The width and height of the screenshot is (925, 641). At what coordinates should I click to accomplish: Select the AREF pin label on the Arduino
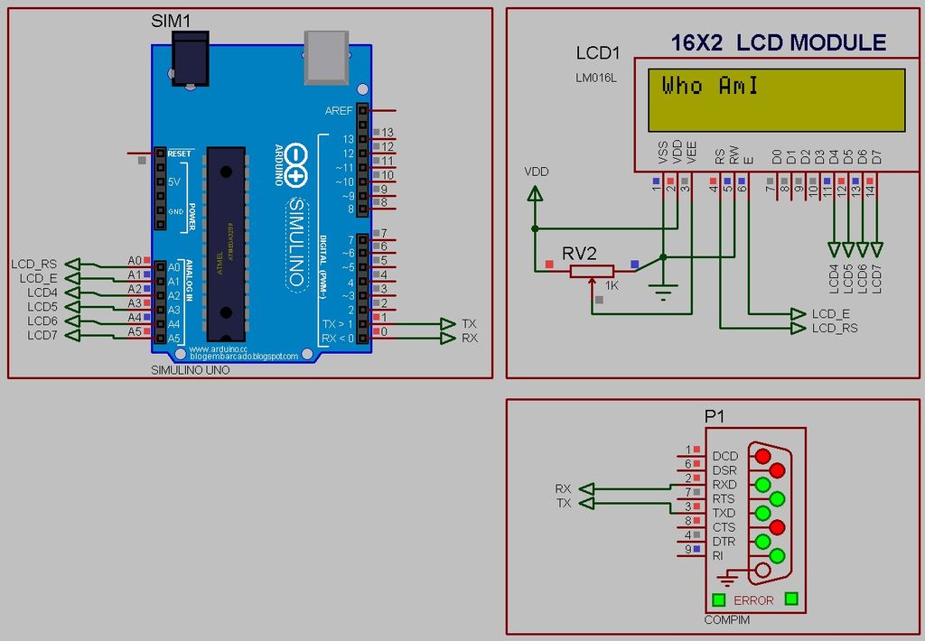point(339,111)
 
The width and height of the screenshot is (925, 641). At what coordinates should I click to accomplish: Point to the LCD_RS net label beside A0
point(34,265)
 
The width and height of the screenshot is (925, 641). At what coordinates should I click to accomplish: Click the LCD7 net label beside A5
point(42,336)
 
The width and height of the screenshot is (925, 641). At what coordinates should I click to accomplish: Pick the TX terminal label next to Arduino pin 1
point(469,323)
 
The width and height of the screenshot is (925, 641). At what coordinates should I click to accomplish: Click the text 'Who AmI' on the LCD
point(710,87)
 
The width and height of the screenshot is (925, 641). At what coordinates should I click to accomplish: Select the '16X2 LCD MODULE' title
point(778,42)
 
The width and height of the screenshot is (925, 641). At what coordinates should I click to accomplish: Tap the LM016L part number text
point(595,78)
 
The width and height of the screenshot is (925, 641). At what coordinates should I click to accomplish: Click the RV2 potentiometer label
point(579,255)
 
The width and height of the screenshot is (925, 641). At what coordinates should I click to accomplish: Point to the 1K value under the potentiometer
point(612,286)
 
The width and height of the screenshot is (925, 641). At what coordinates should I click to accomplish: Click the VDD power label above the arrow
point(536,172)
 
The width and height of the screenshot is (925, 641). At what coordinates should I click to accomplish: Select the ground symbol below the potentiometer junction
point(664,291)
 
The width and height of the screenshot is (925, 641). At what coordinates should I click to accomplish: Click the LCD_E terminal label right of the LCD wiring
point(830,313)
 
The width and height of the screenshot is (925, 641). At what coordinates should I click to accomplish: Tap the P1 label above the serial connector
point(715,416)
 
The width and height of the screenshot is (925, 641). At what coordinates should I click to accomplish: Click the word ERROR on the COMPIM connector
point(753,600)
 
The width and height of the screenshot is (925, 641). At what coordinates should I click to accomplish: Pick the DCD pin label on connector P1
point(724,457)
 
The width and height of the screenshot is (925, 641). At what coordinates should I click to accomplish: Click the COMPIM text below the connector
point(726,620)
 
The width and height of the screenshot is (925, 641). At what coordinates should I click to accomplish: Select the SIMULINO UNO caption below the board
point(190,370)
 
